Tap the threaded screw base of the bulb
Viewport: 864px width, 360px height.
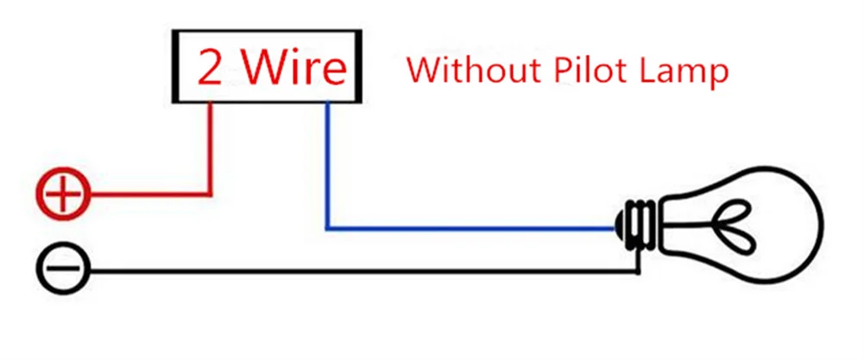(639, 225)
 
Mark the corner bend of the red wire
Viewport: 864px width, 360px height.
(211, 193)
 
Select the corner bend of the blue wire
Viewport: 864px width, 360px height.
(327, 229)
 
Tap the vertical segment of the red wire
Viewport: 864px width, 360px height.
(211, 147)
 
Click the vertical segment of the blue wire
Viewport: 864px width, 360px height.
(327, 164)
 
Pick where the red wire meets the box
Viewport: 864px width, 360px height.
(211, 104)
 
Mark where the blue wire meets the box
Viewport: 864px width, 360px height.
(327, 104)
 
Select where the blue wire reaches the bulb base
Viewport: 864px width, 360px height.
(615, 229)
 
